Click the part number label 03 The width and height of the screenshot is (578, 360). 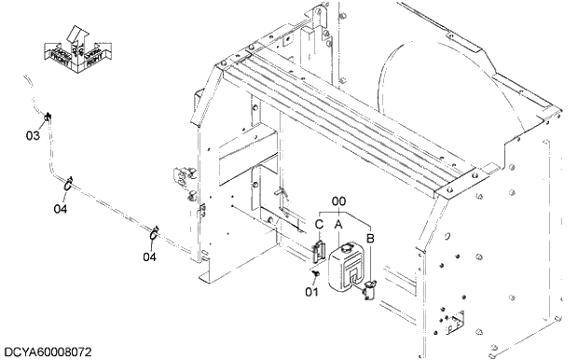33,136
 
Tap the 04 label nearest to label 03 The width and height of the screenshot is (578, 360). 61,209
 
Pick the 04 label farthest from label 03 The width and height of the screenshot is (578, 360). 149,256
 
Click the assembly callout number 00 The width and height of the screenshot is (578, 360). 339,201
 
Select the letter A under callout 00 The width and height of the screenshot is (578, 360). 338,224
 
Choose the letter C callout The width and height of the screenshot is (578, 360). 319,224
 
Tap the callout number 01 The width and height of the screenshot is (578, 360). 311,289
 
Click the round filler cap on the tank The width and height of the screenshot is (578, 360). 341,248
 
